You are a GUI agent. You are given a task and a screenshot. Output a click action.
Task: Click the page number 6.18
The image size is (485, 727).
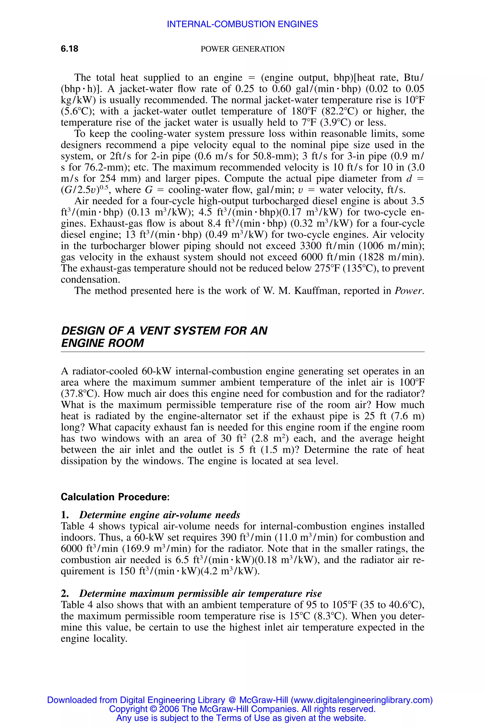pyautogui.click(x=70, y=49)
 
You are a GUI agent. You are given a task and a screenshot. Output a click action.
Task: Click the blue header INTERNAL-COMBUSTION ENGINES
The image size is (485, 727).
pyautogui.click(x=242, y=24)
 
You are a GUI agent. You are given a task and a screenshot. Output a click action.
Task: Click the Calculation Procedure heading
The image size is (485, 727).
pyautogui.click(x=115, y=497)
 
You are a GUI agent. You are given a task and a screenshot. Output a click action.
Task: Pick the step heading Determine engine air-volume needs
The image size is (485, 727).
pyautogui.click(x=160, y=515)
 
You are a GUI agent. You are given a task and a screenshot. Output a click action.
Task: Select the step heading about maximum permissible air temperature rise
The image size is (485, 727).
pyautogui.click(x=200, y=594)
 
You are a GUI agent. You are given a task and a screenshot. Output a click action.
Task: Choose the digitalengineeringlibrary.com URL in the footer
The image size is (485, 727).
pyautogui.click(x=361, y=700)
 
